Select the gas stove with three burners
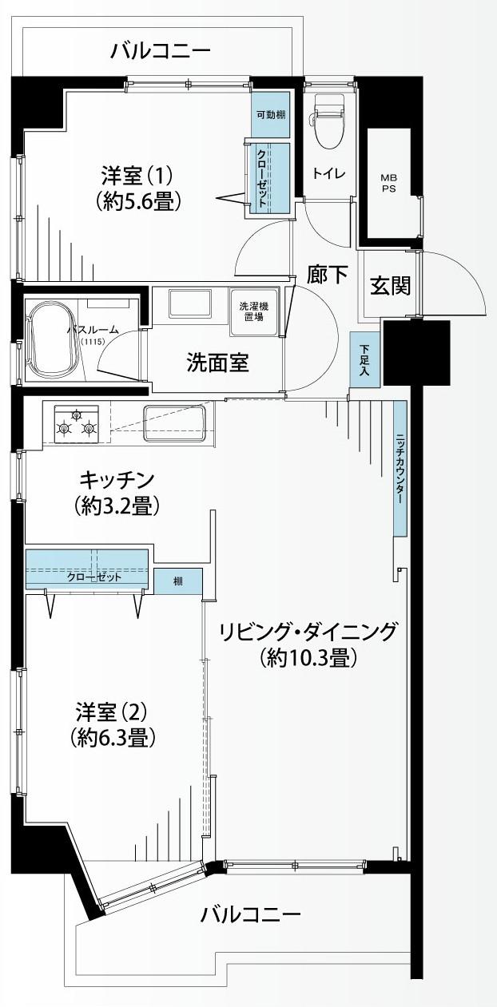tap(77, 424)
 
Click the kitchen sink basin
tap(174, 423)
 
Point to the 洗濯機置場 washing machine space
tap(253, 311)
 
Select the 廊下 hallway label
tap(328, 275)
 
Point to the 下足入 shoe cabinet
tap(364, 359)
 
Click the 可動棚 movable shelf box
tap(270, 115)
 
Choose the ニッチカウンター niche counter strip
tap(400, 469)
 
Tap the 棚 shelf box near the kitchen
tap(178, 581)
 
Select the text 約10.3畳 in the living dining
tap(308, 659)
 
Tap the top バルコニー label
tap(161, 51)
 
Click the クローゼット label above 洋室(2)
tap(94, 577)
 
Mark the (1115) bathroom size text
tap(93, 341)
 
